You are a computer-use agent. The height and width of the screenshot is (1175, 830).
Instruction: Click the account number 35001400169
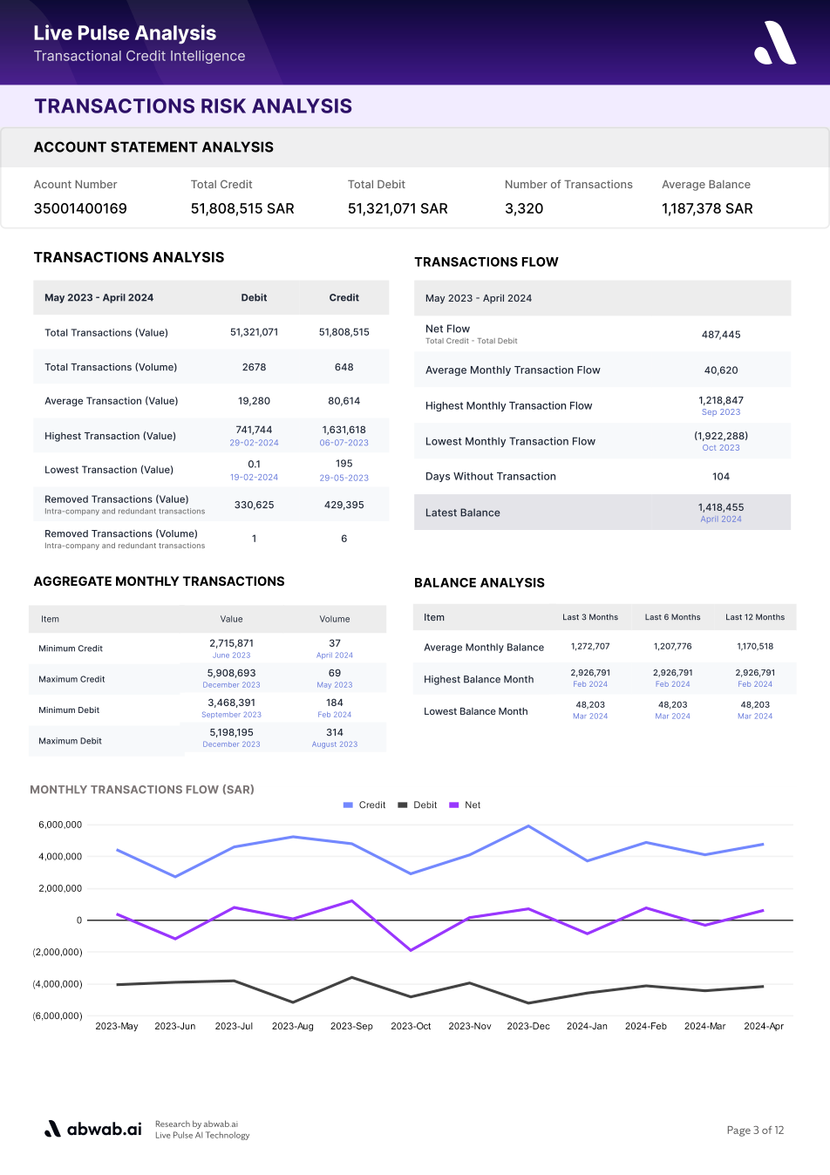coord(80,209)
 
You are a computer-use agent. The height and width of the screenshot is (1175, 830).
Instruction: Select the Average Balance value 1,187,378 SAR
coord(707,209)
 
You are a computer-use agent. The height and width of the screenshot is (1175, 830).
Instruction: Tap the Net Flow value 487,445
coord(721,335)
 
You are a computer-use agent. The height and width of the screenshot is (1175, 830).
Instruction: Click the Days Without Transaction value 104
coord(721,476)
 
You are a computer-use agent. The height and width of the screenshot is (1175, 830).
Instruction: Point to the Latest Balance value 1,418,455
coord(721,507)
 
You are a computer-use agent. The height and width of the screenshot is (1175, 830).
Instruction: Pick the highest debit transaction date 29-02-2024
coord(254,443)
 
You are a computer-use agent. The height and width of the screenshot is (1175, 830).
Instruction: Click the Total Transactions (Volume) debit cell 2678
coord(254,367)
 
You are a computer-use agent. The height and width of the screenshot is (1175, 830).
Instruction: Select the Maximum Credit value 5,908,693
coord(231,673)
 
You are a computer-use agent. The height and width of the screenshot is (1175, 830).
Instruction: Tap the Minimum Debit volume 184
coord(334,703)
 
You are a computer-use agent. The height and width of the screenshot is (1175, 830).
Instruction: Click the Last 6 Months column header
coord(672,617)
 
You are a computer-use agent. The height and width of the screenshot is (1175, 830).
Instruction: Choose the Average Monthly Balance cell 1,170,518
coord(755,646)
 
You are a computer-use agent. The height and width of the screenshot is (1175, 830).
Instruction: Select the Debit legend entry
coord(417,805)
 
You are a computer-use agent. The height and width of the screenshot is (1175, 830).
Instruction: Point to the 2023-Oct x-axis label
coord(411,1026)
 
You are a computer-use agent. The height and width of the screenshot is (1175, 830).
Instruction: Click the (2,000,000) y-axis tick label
coord(58,952)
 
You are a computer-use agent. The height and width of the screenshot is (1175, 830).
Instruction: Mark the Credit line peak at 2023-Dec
coord(528,826)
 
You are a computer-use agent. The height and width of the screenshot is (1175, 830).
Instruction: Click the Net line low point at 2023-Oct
coord(411,950)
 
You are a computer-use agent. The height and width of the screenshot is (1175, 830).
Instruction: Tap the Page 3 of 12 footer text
coord(755,1130)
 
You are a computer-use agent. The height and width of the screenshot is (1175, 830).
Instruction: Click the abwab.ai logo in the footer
coord(93,1129)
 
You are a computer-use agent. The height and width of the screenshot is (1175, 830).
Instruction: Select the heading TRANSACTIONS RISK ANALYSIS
coord(193,106)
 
